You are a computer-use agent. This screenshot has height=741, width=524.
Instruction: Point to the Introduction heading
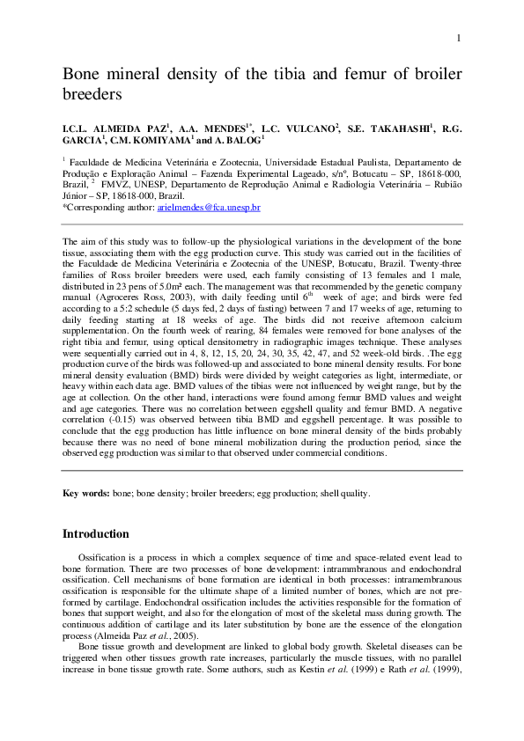[96, 534]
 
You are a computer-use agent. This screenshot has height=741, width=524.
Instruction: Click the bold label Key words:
[86, 494]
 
